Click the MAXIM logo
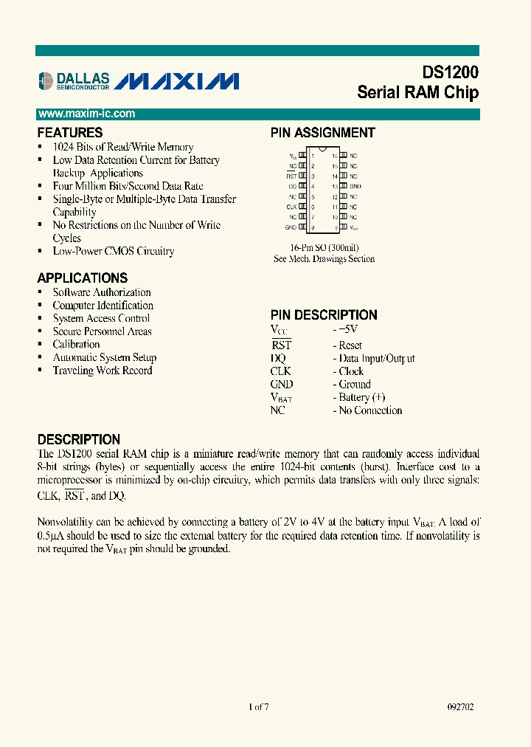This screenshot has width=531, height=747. [178, 80]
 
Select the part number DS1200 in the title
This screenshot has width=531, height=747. [450, 72]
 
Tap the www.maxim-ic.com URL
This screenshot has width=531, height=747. [86, 114]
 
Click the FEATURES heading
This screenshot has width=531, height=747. [70, 133]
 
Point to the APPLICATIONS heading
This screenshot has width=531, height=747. [82, 278]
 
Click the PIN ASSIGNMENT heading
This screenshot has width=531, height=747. [322, 133]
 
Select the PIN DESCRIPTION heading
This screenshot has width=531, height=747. [324, 314]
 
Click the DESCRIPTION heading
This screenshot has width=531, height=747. [78, 439]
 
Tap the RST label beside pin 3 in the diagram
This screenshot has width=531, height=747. [292, 176]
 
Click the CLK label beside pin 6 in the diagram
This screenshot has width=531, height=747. [291, 207]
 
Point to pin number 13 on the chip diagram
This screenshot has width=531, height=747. [334, 187]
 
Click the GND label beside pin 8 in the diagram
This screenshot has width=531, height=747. [291, 228]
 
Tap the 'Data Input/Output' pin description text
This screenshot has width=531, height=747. [376, 359]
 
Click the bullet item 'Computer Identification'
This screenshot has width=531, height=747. [103, 306]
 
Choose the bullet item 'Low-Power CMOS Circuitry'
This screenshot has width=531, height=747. [113, 252]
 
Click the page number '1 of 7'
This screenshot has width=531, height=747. [259, 706]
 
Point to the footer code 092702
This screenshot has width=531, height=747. [460, 706]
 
